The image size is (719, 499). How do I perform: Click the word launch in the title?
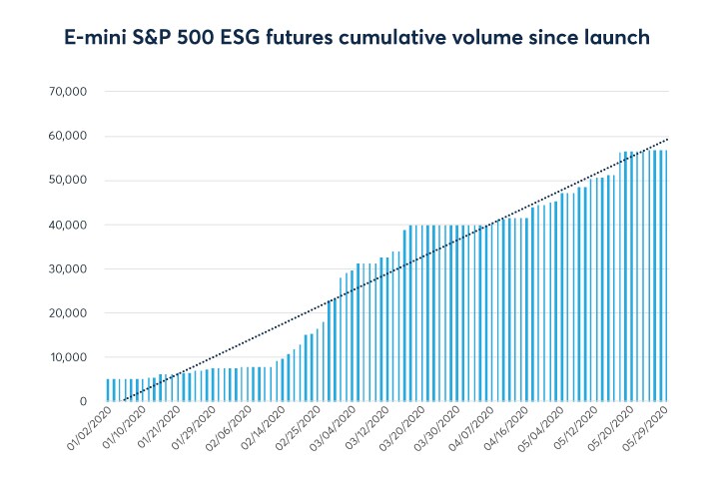pos(618,39)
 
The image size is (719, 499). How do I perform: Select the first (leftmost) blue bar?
pos(108,389)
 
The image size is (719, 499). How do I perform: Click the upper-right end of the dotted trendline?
pos(667,140)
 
